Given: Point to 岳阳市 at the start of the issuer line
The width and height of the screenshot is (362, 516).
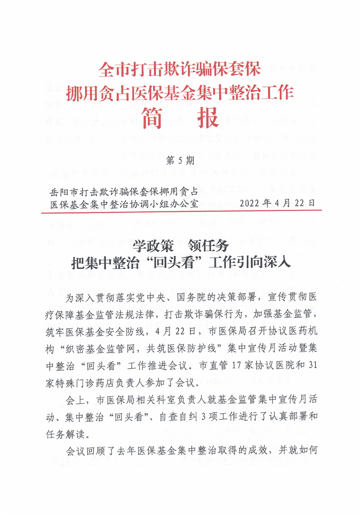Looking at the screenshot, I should pos(64,191).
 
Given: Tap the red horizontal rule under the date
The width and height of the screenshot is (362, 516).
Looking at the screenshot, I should pos(181,212).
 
